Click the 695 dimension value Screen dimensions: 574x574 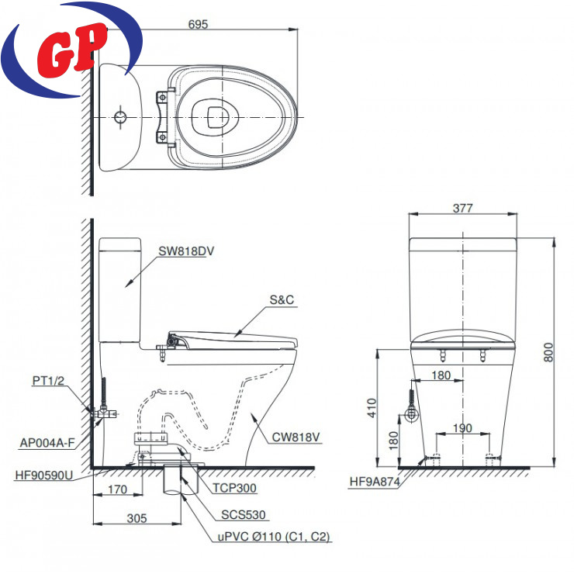coord(198,24)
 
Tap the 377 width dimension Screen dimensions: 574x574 coord(463,208)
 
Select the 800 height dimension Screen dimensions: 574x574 coord(548,352)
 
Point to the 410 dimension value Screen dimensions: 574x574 coord(372,408)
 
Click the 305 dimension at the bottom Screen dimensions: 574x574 coord(137,518)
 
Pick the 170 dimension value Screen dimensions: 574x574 coord(117,489)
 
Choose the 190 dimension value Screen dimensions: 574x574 coord(462,427)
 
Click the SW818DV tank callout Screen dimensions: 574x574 coord(186,251)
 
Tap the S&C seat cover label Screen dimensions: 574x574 coord(282,300)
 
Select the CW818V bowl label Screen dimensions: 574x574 coord(296,437)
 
